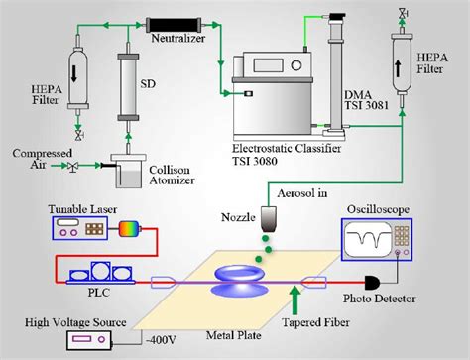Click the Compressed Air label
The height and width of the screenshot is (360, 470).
pos(35,158)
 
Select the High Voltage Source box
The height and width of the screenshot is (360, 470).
pos(94,340)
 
